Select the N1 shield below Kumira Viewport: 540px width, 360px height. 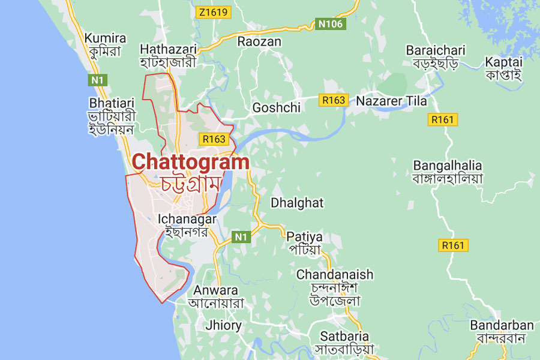(96, 79)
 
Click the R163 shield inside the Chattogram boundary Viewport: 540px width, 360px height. (214, 139)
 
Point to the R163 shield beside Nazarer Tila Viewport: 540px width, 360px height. (334, 100)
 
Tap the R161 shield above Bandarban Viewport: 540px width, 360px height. (454, 245)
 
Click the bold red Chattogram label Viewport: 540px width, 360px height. (190, 161)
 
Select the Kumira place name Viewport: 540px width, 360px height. (105, 38)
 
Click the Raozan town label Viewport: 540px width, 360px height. (259, 41)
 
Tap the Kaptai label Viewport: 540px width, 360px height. (504, 62)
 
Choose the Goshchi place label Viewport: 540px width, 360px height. (277, 107)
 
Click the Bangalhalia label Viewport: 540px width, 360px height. (448, 165)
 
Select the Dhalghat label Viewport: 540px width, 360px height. (297, 203)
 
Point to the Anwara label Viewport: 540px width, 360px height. (215, 290)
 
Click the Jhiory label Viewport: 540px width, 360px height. (223, 326)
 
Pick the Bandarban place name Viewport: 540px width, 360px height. (502, 325)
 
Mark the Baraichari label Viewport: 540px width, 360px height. (436, 50)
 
